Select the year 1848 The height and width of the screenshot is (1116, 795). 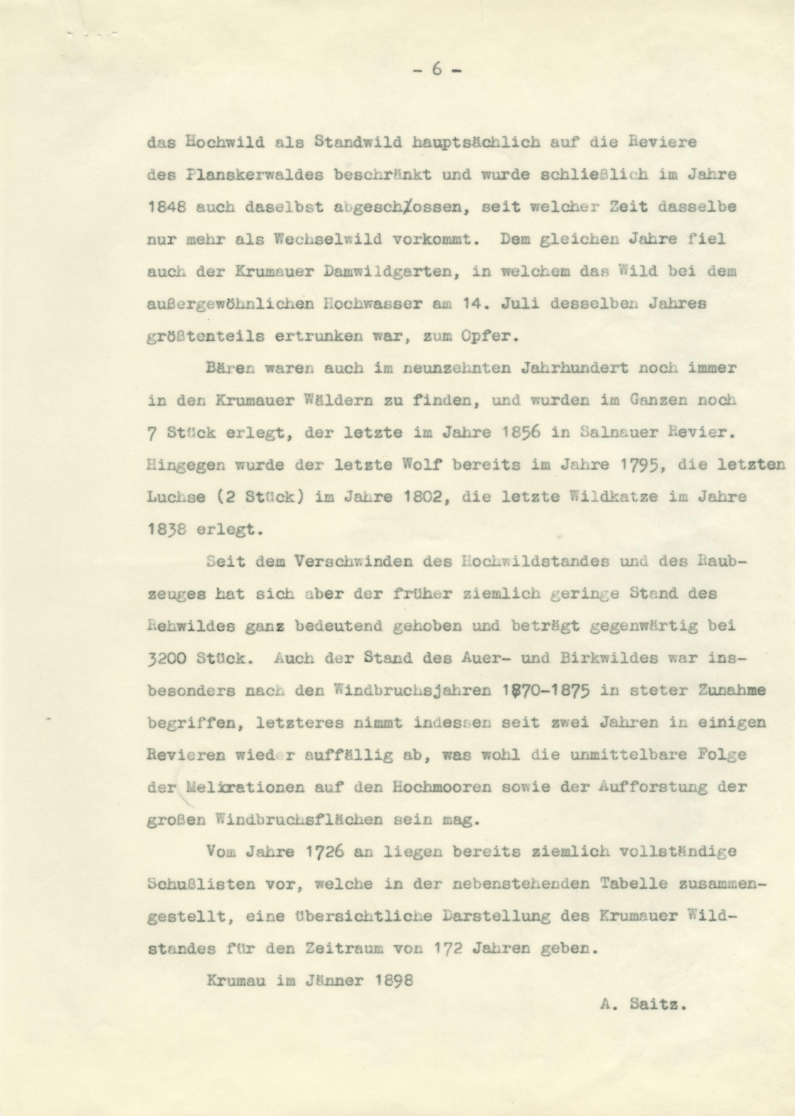click(x=165, y=207)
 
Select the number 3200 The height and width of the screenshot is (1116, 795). click(x=165, y=659)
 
